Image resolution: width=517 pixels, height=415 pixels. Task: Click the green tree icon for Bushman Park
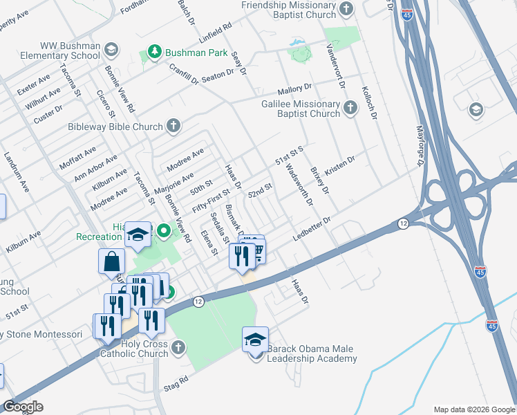click(153, 53)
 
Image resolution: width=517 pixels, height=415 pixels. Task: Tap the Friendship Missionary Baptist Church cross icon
click(347, 9)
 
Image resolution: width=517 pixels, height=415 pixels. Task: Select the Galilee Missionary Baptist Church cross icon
click(350, 107)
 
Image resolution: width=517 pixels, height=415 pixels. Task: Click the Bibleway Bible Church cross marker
click(173, 126)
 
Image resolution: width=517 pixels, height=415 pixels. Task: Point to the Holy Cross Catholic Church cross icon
click(178, 347)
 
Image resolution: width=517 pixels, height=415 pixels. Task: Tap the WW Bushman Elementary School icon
click(111, 50)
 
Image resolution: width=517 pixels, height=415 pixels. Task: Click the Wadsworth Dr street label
click(299, 183)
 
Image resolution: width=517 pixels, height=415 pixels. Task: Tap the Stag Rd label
click(176, 383)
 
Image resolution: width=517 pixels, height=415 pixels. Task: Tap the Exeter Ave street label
click(34, 85)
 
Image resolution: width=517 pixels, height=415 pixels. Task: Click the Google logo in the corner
click(23, 406)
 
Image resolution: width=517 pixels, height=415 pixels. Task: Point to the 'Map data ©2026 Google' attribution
click(473, 409)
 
